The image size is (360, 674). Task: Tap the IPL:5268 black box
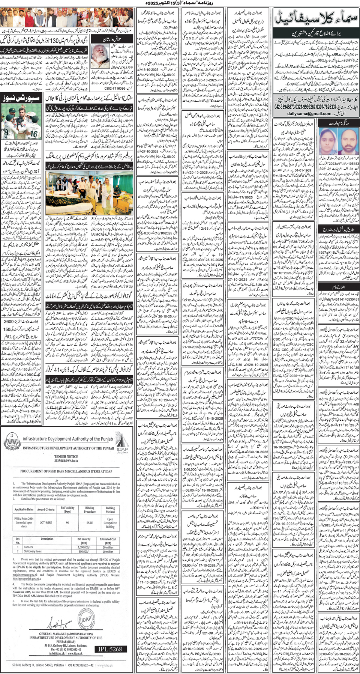(110, 649)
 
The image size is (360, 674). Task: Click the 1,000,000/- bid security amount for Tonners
(84, 547)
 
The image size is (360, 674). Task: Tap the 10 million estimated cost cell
(108, 551)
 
